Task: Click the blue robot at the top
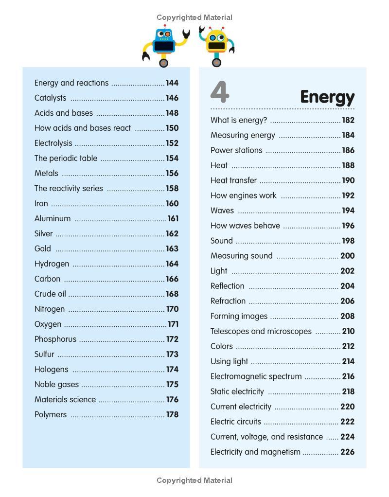pyautogui.click(x=164, y=43)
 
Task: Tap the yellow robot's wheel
pyautogui.click(x=216, y=62)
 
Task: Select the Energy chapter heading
pyautogui.click(x=327, y=97)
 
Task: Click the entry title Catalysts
pyautogui.click(x=50, y=98)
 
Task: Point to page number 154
pyautogui.click(x=172, y=158)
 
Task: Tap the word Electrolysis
pyautogui.click(x=53, y=143)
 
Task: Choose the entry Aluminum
pyautogui.click(x=53, y=218)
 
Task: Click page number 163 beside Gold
pyautogui.click(x=172, y=248)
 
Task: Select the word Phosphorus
pyautogui.click(x=55, y=339)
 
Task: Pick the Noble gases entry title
pyautogui.click(x=56, y=384)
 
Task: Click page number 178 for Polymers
pyautogui.click(x=172, y=414)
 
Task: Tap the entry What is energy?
pyautogui.click(x=239, y=120)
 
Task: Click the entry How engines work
pyautogui.click(x=243, y=195)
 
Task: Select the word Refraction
pyautogui.click(x=228, y=301)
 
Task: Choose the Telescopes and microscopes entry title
pyautogui.click(x=261, y=331)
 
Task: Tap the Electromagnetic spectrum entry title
pyautogui.click(x=256, y=376)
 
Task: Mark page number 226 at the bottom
pyautogui.click(x=347, y=452)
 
